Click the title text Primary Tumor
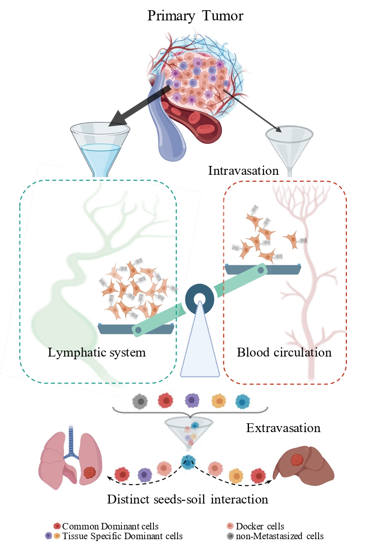pos(195,16)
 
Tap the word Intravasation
pos(243,171)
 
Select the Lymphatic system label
pos(97,352)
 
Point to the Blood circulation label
pos(284,352)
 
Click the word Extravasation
pos(283,427)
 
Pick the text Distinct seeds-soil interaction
pos(188,499)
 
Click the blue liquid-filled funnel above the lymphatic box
pos(99,146)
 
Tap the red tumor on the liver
pos(297,460)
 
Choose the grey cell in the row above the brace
pos(139,401)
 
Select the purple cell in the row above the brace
pos(191,401)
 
